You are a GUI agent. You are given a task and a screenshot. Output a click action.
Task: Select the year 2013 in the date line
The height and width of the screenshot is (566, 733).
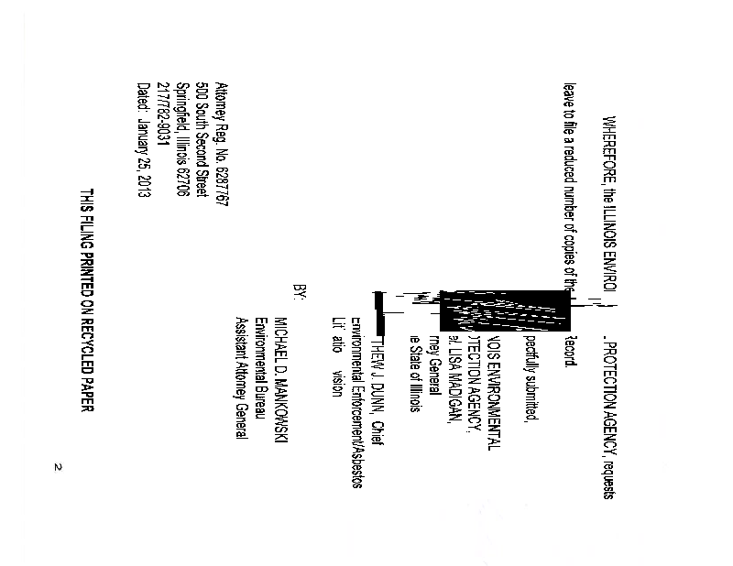pyautogui.click(x=142, y=186)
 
